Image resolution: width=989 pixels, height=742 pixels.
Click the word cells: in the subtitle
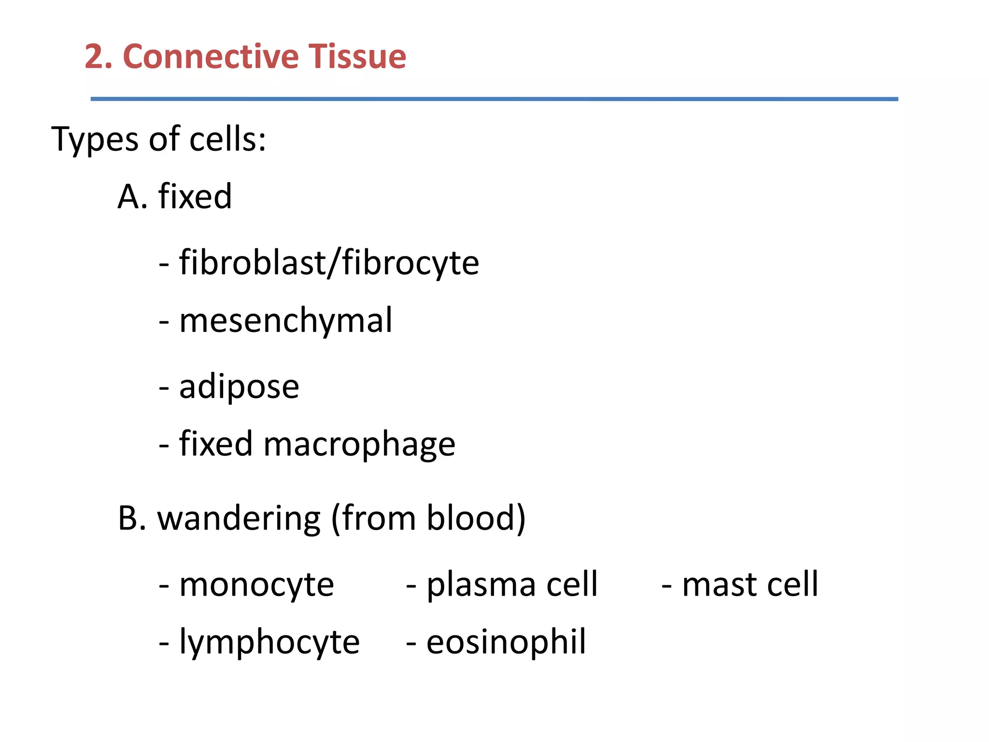point(227,139)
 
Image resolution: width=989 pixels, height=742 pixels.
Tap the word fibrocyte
point(410,264)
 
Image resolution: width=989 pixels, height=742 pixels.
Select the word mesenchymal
point(286,321)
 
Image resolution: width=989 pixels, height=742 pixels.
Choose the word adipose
point(239,387)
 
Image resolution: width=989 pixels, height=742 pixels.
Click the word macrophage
point(359,445)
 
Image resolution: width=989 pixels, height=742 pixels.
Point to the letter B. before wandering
point(132,518)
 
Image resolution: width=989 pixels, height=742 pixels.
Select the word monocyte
point(256,585)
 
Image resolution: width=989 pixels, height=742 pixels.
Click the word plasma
point(481,585)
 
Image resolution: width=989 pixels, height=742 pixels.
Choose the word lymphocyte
point(269,643)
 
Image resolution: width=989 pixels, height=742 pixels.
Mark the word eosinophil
point(506,642)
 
